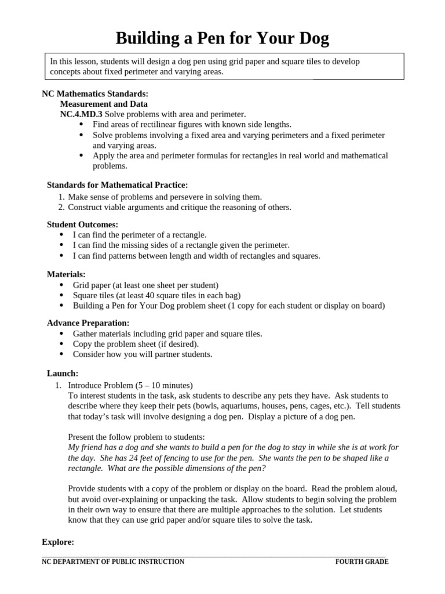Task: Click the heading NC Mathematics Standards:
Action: point(95,94)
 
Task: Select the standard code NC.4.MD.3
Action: point(81,114)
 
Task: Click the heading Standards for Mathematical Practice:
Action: point(117,185)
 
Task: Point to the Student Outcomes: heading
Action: point(82,224)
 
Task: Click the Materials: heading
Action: point(66,274)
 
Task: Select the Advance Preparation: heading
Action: point(88,323)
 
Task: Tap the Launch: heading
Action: point(63,373)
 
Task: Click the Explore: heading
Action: point(58,542)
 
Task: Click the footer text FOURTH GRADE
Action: point(362,562)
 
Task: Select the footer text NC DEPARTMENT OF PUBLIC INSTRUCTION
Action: point(113,562)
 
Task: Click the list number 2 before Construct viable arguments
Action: point(61,207)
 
